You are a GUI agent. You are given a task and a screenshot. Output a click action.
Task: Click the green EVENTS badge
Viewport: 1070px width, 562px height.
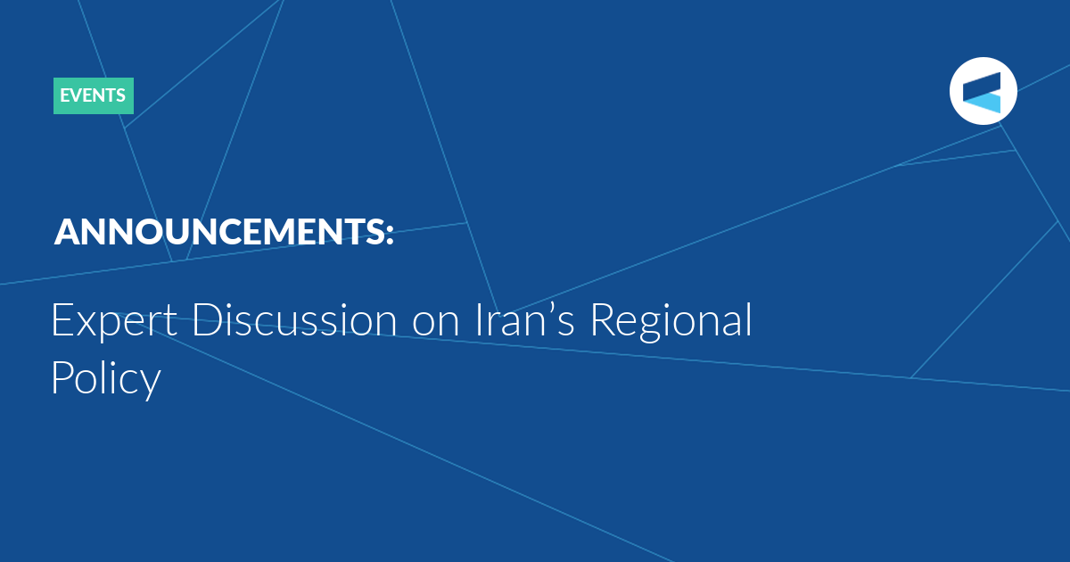click(x=94, y=95)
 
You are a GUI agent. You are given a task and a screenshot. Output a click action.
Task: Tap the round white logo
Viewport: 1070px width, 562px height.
click(x=983, y=91)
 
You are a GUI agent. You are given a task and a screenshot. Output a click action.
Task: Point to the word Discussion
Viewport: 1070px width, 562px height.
click(x=294, y=320)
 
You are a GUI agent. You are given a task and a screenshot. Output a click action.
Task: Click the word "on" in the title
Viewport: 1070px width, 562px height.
click(x=436, y=325)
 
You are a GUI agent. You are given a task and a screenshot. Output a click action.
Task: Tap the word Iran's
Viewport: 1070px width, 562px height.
click(x=524, y=320)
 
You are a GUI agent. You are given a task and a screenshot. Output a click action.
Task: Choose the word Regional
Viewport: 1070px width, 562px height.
click(x=671, y=322)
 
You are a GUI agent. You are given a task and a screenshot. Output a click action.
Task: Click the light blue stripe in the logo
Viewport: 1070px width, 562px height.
click(x=982, y=103)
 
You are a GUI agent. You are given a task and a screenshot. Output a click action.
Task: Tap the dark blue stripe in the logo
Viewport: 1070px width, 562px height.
click(x=982, y=87)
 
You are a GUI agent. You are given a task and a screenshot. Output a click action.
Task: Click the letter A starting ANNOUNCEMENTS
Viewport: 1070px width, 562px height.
click(x=69, y=232)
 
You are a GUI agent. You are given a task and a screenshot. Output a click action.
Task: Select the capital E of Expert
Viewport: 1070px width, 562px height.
click(x=62, y=320)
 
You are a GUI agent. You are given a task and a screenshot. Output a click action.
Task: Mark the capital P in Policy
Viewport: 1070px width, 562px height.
click(x=62, y=376)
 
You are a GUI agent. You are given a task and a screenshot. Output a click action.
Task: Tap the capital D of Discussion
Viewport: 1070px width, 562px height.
click(x=207, y=320)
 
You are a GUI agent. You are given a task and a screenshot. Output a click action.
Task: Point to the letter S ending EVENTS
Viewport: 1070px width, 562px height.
click(x=120, y=95)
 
